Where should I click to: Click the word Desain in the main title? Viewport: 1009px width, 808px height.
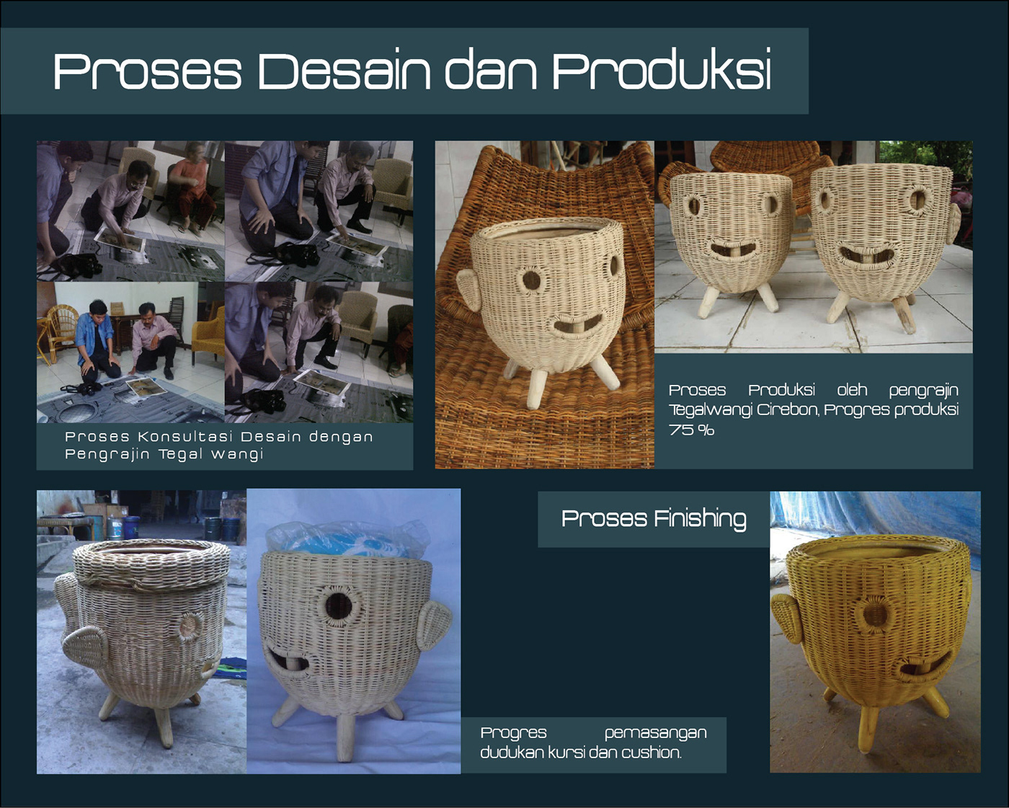[345, 71]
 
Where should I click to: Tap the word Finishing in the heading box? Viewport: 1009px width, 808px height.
[701, 519]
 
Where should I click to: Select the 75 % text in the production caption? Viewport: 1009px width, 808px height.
[691, 430]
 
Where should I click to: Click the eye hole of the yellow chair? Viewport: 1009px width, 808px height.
[875, 614]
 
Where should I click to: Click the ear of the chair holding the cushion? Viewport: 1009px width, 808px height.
[433, 624]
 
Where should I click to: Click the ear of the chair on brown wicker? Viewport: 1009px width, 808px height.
[470, 290]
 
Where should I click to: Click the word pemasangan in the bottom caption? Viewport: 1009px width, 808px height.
[655, 733]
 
